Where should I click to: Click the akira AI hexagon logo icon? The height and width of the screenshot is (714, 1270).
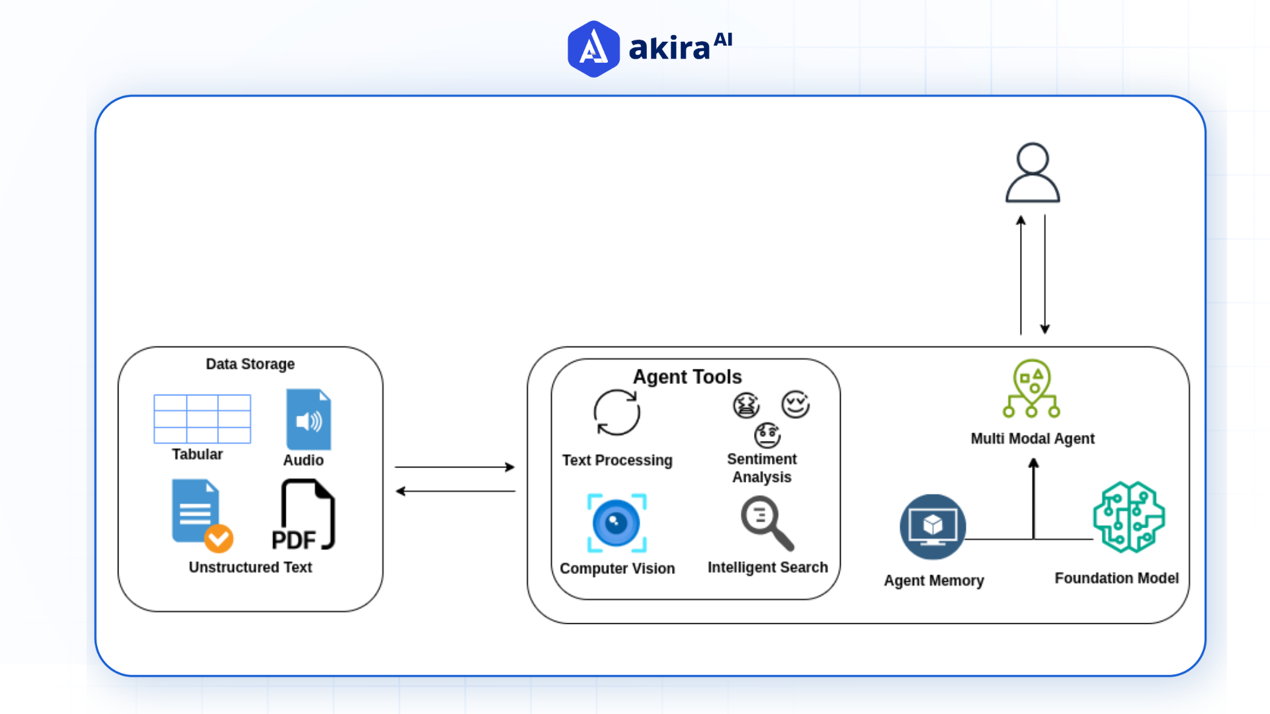[593, 49]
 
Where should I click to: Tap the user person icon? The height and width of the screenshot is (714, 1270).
[1032, 173]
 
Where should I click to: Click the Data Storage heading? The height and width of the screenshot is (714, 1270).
[250, 364]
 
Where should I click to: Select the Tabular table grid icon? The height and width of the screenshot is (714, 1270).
[202, 419]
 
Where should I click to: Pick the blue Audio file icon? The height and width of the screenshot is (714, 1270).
[308, 420]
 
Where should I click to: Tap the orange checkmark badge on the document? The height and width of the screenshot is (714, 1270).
[218, 538]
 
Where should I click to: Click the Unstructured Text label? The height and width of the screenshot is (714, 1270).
[250, 567]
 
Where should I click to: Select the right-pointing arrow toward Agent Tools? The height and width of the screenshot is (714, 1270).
[455, 467]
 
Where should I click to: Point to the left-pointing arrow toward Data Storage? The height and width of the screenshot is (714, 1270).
[455, 491]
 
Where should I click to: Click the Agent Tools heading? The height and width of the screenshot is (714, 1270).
[687, 377]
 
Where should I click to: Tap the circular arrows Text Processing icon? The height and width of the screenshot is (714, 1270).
[616, 413]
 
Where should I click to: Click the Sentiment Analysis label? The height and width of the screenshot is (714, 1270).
[761, 468]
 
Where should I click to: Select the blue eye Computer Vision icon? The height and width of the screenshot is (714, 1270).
[616, 523]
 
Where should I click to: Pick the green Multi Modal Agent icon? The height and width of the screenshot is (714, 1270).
[1032, 389]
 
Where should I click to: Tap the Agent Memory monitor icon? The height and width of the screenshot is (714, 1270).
[933, 527]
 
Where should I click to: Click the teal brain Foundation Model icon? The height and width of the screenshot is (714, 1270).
[1128, 517]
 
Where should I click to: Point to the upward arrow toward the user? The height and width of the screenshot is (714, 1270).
[1021, 274]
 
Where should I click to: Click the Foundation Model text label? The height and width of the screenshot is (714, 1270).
[1117, 578]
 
